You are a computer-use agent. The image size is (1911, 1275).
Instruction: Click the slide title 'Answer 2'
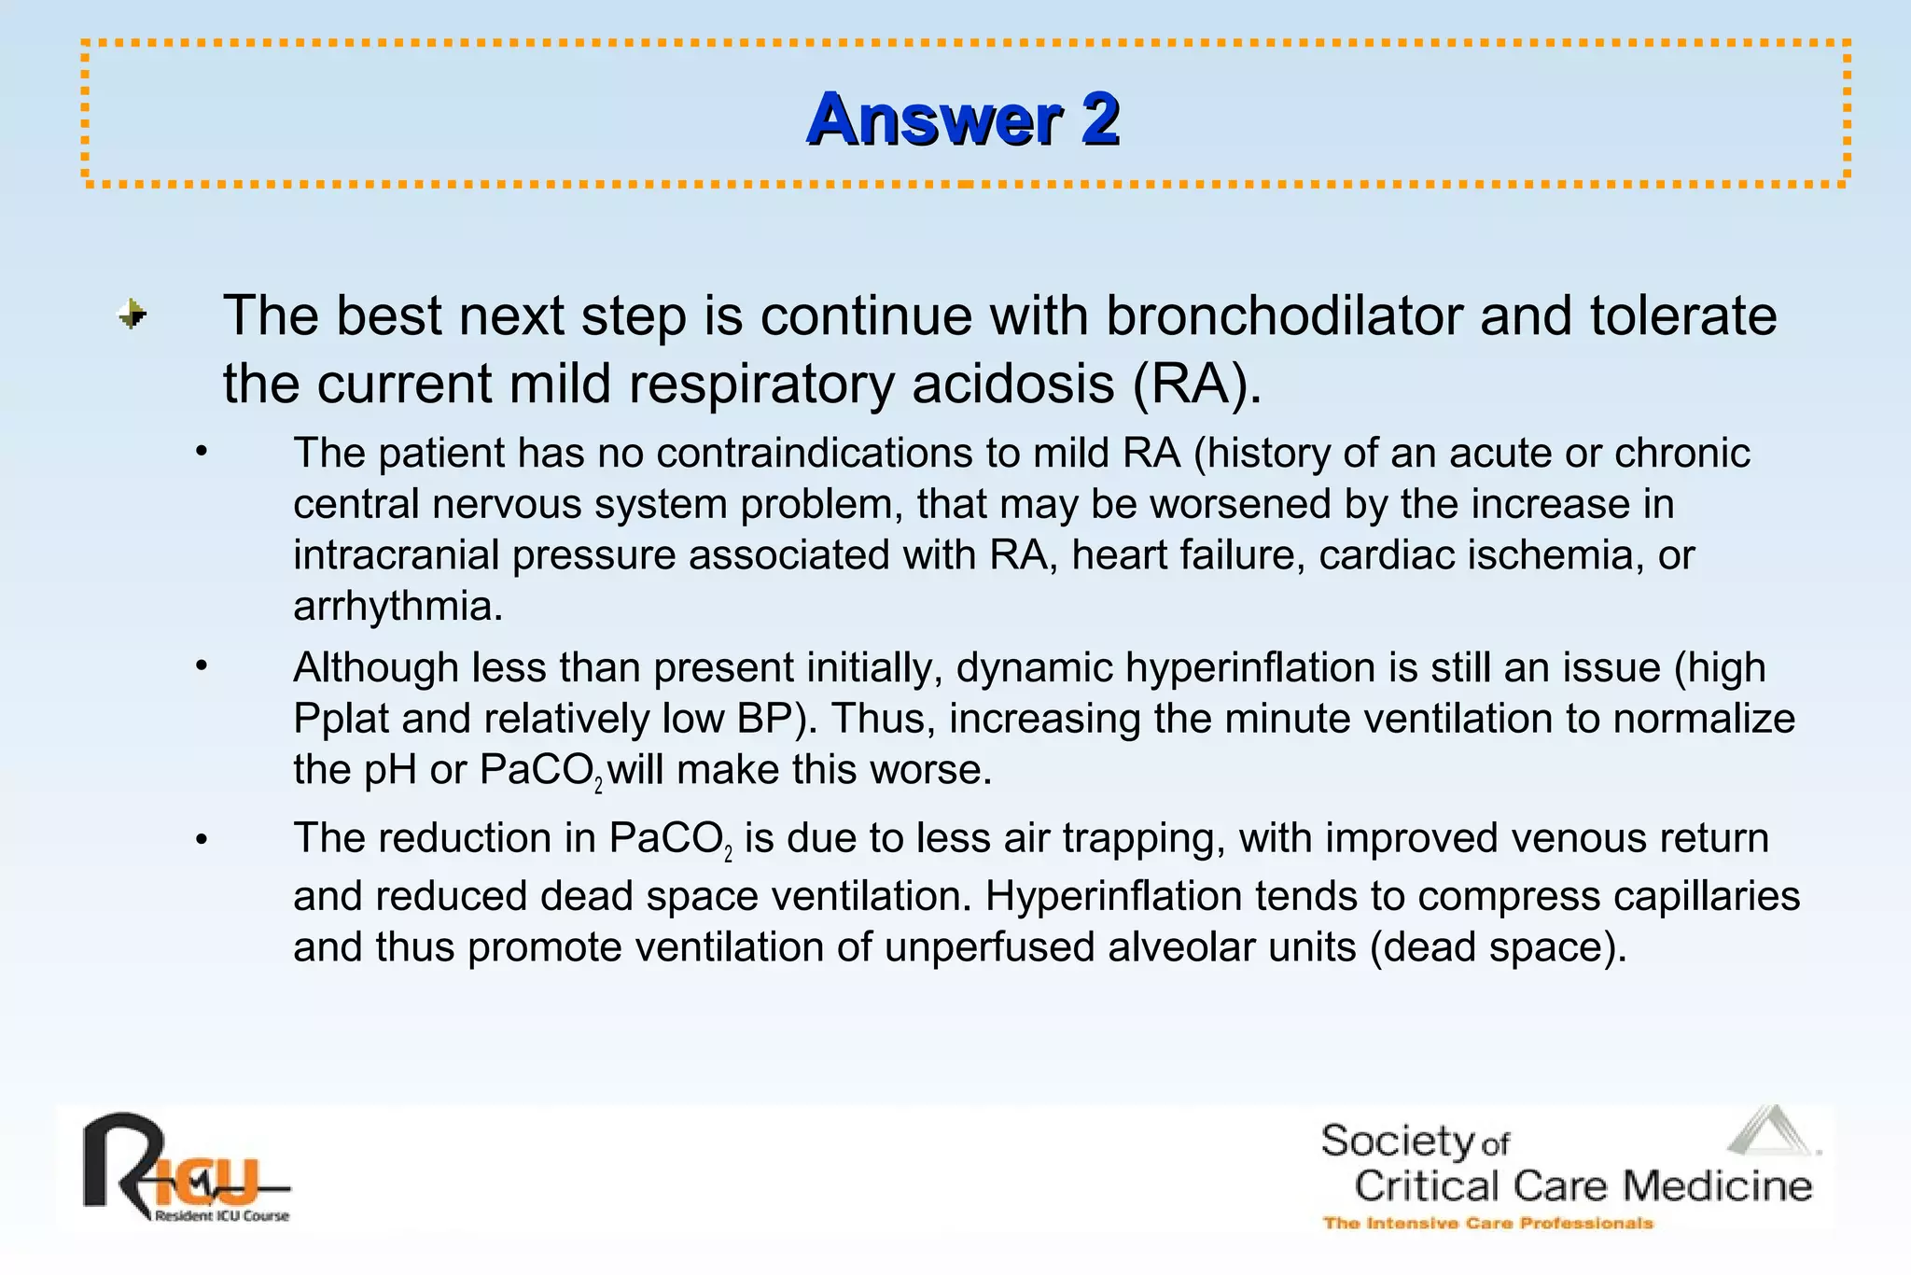963,119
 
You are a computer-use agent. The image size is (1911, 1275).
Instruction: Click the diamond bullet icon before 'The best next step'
133,315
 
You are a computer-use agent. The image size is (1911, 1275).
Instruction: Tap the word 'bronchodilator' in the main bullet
1284,315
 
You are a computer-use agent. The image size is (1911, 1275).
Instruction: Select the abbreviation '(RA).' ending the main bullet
1197,384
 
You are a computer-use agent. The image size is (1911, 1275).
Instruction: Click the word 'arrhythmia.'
398,607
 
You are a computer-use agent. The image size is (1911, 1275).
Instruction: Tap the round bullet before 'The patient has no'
201,455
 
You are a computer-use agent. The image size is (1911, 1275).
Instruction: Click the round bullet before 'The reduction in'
201,840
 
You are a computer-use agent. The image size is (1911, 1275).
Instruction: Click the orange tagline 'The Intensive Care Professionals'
1487,1223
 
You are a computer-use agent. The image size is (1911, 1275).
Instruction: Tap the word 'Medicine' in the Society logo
1717,1186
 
